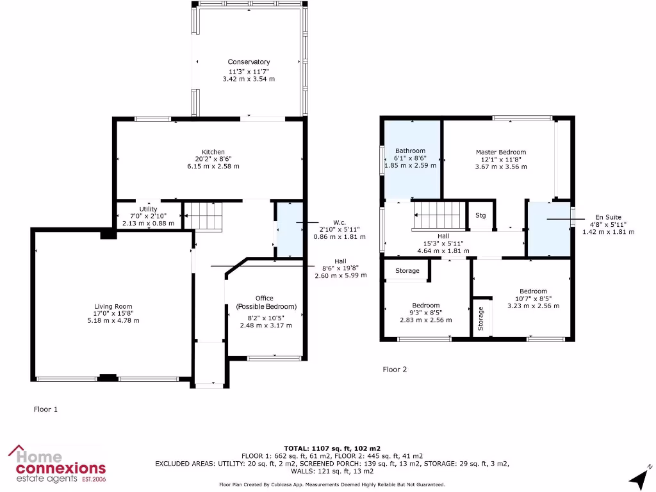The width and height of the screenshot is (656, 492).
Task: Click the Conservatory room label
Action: point(249,62)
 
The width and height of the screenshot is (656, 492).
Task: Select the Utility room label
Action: point(148,209)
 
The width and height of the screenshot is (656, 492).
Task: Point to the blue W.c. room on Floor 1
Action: point(288,231)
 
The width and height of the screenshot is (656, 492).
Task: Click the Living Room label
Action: point(113,307)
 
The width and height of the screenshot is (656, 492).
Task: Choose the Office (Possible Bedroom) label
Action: point(264,302)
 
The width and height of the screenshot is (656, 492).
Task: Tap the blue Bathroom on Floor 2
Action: point(411,160)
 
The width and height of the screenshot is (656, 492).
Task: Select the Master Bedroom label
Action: point(500,152)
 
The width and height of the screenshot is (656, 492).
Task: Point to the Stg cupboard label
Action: point(480,215)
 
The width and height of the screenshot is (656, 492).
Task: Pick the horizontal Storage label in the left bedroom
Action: point(407,271)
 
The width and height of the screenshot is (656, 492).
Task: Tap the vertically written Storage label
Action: point(480,318)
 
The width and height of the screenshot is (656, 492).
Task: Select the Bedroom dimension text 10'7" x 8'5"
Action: point(533,299)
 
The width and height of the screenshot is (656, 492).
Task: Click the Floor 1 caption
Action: point(45,409)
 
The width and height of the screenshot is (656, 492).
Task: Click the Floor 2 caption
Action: point(395,370)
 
